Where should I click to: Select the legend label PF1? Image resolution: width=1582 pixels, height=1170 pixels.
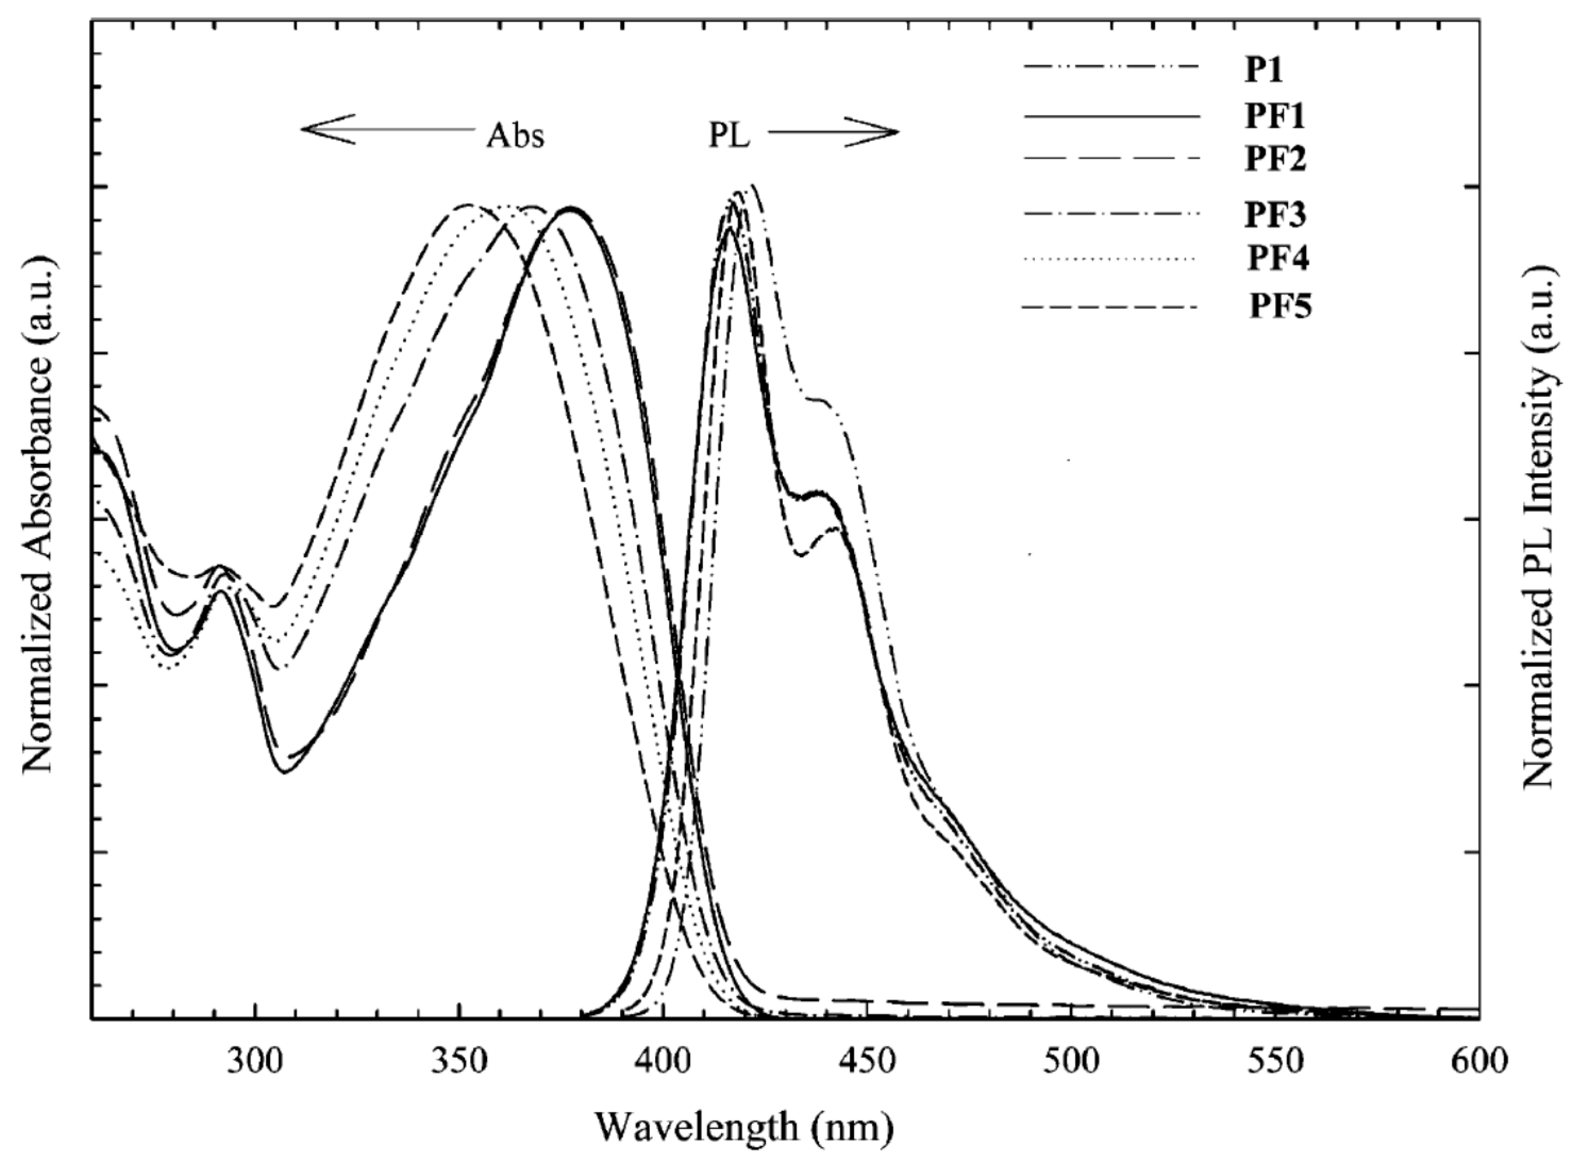click(1275, 117)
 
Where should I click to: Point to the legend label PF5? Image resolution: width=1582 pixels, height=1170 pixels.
click(1279, 307)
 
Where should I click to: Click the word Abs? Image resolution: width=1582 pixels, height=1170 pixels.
click(515, 137)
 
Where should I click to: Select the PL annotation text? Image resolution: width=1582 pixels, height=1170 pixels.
click(729, 137)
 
